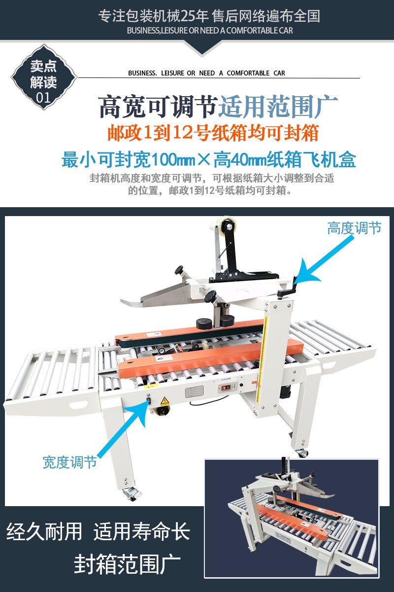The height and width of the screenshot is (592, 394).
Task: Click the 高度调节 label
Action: pyautogui.click(x=354, y=228)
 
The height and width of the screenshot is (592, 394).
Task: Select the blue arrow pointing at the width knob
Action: pyautogui.click(x=123, y=429)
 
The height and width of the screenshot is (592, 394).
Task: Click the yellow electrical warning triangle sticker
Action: pyautogui.click(x=164, y=401)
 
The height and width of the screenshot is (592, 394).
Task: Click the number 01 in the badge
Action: pyautogui.click(x=43, y=98)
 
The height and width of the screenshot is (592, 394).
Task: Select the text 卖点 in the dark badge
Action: pyautogui.click(x=43, y=66)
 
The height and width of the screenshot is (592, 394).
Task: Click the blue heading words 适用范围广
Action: pyautogui.click(x=278, y=107)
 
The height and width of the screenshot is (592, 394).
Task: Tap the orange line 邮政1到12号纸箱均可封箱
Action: pyautogui.click(x=213, y=133)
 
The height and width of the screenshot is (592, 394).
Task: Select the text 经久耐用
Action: pyautogui.click(x=44, y=531)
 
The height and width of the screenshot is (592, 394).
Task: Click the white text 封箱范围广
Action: pyautogui.click(x=128, y=564)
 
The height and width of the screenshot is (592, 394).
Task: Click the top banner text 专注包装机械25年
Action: pyautogui.click(x=153, y=16)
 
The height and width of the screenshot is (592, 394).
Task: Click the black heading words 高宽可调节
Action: pyautogui.click(x=159, y=107)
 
